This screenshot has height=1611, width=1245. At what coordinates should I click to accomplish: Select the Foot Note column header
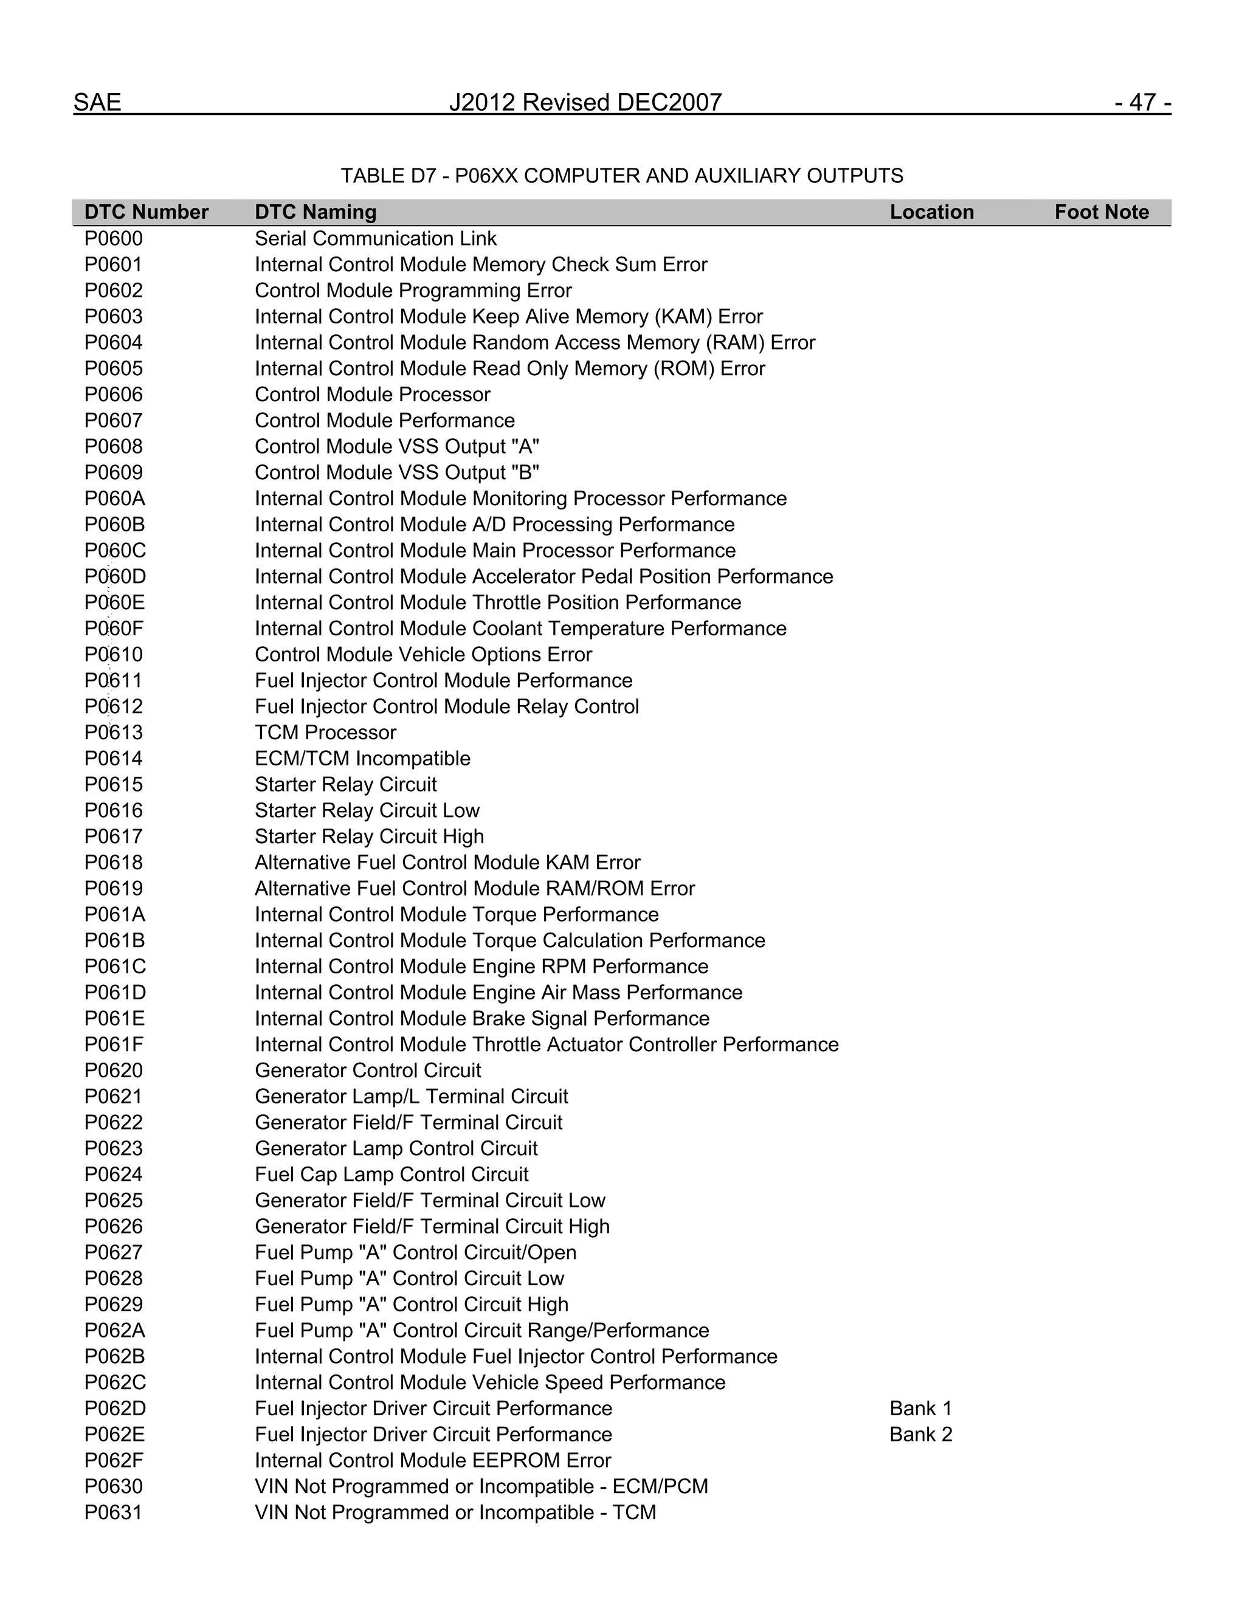click(1101, 212)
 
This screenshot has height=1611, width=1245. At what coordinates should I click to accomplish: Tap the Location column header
click(931, 212)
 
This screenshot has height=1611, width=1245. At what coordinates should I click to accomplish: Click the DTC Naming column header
click(316, 212)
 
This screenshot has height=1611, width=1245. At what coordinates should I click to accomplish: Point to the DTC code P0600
click(114, 239)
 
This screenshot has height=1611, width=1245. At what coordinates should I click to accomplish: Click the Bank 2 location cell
click(920, 1434)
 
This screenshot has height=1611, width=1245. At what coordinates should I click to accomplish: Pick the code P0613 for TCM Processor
click(114, 733)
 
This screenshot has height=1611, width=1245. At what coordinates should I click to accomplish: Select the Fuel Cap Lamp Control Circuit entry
click(391, 1175)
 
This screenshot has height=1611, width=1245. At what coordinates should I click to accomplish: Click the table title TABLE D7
click(621, 176)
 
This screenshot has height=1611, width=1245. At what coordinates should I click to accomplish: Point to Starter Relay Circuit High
click(370, 837)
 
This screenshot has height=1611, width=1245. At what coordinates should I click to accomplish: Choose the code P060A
click(114, 498)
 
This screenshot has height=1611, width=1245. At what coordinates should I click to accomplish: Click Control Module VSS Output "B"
click(397, 473)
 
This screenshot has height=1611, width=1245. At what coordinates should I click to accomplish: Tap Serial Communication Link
click(376, 239)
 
